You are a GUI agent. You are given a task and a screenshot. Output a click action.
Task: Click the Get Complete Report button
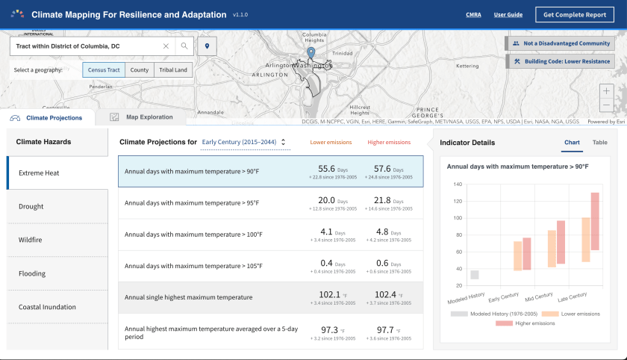(x=575, y=14)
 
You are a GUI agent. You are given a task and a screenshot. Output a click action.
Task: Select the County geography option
(x=140, y=70)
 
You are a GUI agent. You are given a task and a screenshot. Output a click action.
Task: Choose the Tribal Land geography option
(x=173, y=70)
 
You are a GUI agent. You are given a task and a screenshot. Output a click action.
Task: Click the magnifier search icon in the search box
(x=184, y=46)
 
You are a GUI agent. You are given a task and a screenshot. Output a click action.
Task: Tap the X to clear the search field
(x=166, y=46)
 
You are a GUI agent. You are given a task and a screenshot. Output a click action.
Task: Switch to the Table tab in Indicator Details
(x=599, y=142)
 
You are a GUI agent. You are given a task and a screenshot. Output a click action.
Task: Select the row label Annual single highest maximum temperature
(x=188, y=297)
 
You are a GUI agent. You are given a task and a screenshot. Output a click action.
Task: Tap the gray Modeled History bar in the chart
(x=474, y=274)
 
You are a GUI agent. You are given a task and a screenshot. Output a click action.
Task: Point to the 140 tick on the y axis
(x=457, y=184)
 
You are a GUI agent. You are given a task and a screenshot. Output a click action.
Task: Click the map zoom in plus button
(x=605, y=90)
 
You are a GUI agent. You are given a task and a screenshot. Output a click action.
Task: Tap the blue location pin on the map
(x=311, y=52)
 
